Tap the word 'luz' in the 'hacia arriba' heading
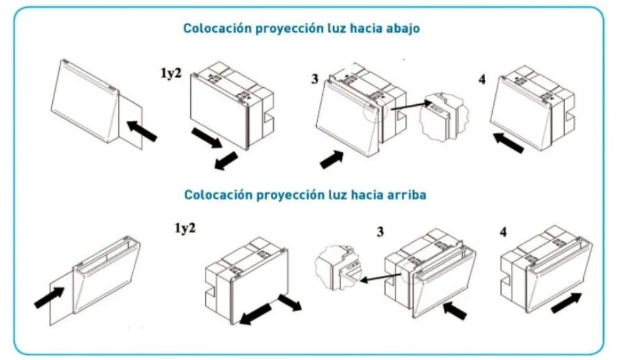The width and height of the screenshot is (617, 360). (337, 195)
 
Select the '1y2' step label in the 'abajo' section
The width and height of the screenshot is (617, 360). (171, 73)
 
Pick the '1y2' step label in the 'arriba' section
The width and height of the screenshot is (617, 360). (185, 228)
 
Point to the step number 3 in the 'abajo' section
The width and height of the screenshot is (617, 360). (315, 79)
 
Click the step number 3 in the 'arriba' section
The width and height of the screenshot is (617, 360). (380, 232)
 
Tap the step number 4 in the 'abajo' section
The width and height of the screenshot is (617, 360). (482, 79)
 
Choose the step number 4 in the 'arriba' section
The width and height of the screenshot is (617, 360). (503, 232)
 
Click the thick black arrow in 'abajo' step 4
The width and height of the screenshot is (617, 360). (508, 143)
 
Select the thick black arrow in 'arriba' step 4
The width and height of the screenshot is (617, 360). (567, 303)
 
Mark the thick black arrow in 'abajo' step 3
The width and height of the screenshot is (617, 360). (331, 159)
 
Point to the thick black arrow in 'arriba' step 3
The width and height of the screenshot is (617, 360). (455, 311)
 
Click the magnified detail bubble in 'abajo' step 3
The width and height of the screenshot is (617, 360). (444, 117)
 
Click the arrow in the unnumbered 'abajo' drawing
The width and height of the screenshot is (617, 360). (142, 131)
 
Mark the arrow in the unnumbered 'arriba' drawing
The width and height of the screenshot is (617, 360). (49, 298)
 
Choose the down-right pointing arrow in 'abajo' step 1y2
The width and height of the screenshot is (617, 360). (207, 138)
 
